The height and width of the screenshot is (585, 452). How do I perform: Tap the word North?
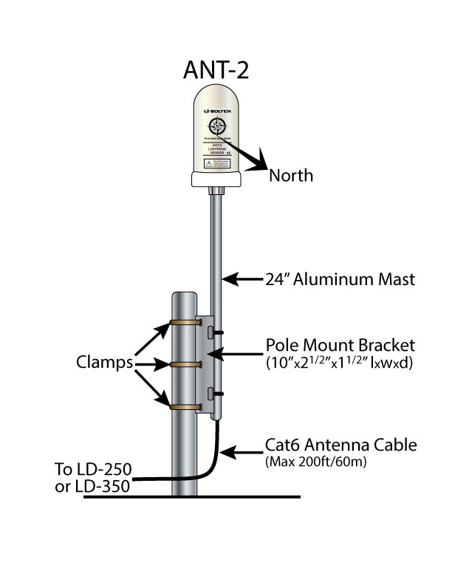point(291,176)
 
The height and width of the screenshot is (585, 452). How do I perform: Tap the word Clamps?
point(105,363)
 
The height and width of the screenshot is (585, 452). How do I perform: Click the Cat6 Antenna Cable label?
point(340,445)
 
